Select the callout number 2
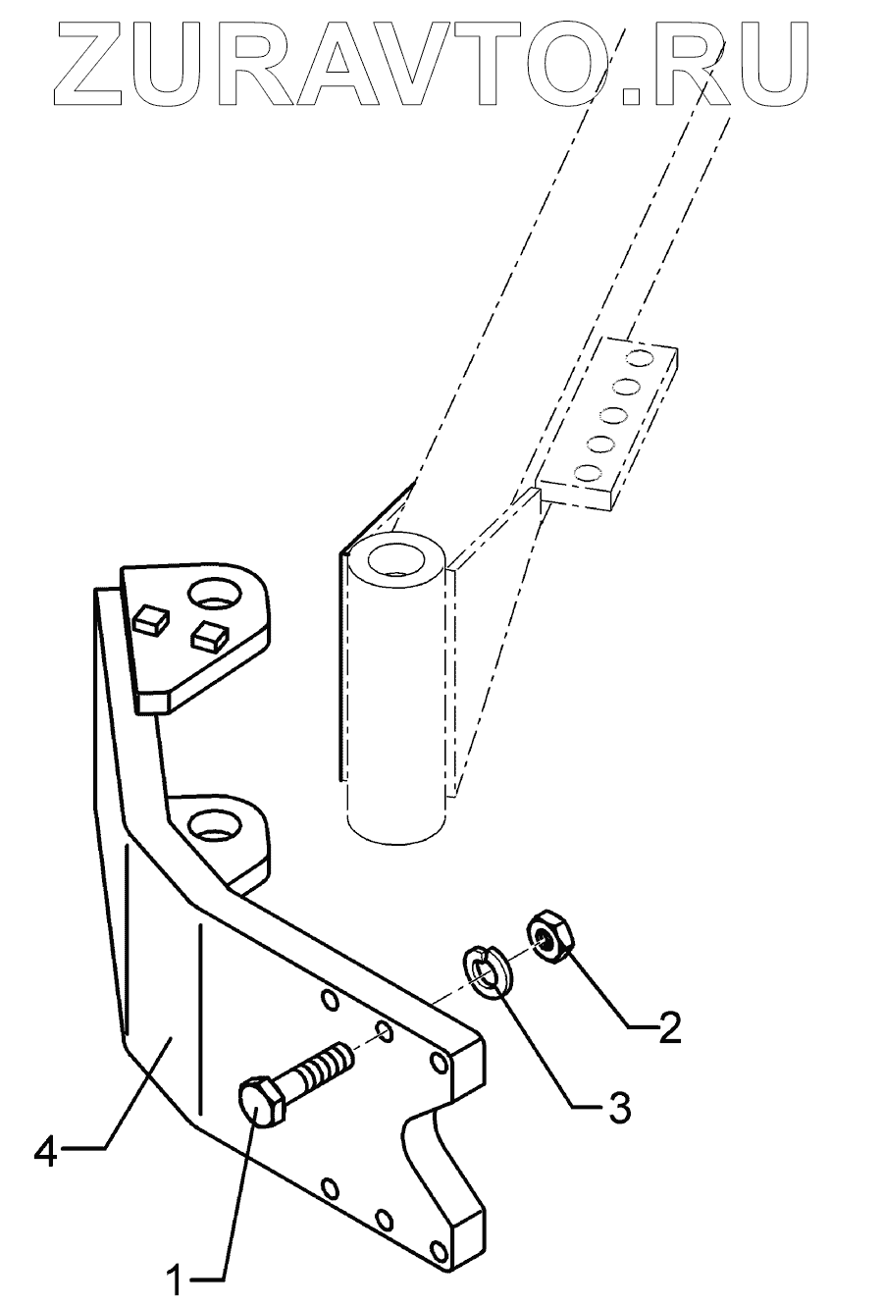pos(669,1028)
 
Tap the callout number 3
pos(617,1108)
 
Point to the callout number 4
pos(45,1148)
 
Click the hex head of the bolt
pos(260,1105)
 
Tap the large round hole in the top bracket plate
pos(214,594)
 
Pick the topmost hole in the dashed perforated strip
pos(640,354)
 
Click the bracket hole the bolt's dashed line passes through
pos(384,1030)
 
